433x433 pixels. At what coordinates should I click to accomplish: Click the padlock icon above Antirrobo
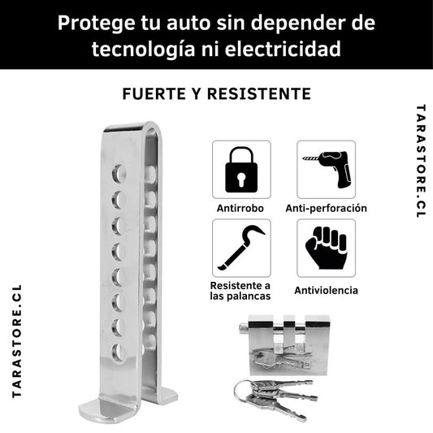(x=241, y=170)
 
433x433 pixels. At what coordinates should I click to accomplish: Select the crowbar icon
(x=241, y=248)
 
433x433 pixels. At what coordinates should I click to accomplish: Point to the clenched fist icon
(x=326, y=248)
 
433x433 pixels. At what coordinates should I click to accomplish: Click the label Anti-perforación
(x=326, y=208)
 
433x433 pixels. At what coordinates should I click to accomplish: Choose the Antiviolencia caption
(x=326, y=290)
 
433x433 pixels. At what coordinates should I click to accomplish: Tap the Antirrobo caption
(x=240, y=208)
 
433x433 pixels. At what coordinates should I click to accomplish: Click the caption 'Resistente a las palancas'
(x=240, y=291)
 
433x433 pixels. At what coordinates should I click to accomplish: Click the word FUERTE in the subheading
(x=154, y=93)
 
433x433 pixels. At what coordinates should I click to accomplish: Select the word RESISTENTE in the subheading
(x=259, y=93)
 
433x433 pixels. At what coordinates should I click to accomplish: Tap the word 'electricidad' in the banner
(x=283, y=49)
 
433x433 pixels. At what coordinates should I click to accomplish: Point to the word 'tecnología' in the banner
(x=143, y=50)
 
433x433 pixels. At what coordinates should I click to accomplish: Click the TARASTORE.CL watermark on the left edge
(x=17, y=341)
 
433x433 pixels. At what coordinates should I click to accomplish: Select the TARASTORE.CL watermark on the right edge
(x=421, y=161)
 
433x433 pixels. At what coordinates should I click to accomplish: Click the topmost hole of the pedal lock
(x=119, y=174)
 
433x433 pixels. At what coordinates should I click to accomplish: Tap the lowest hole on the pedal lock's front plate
(x=118, y=352)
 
